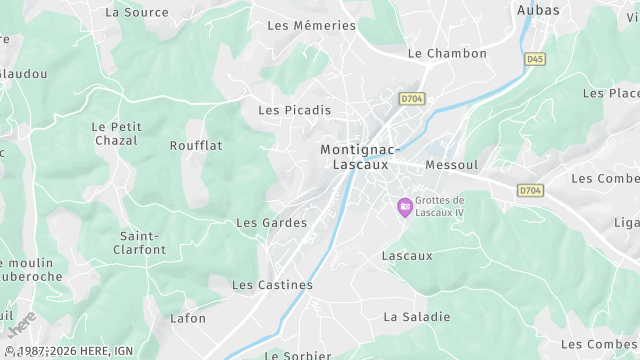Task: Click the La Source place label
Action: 137,12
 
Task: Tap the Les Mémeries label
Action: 311,25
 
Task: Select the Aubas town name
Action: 538,10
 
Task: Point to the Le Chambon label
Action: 447,53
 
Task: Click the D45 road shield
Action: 535,59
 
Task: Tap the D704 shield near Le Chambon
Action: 411,98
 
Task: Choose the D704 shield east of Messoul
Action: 530,189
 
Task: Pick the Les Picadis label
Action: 294,110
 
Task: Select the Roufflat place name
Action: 196,146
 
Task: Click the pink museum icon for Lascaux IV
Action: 405,207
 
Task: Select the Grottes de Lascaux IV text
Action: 440,206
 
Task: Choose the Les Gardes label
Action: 271,223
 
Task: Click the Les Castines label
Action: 272,285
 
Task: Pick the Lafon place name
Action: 188,319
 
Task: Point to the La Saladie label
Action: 417,317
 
